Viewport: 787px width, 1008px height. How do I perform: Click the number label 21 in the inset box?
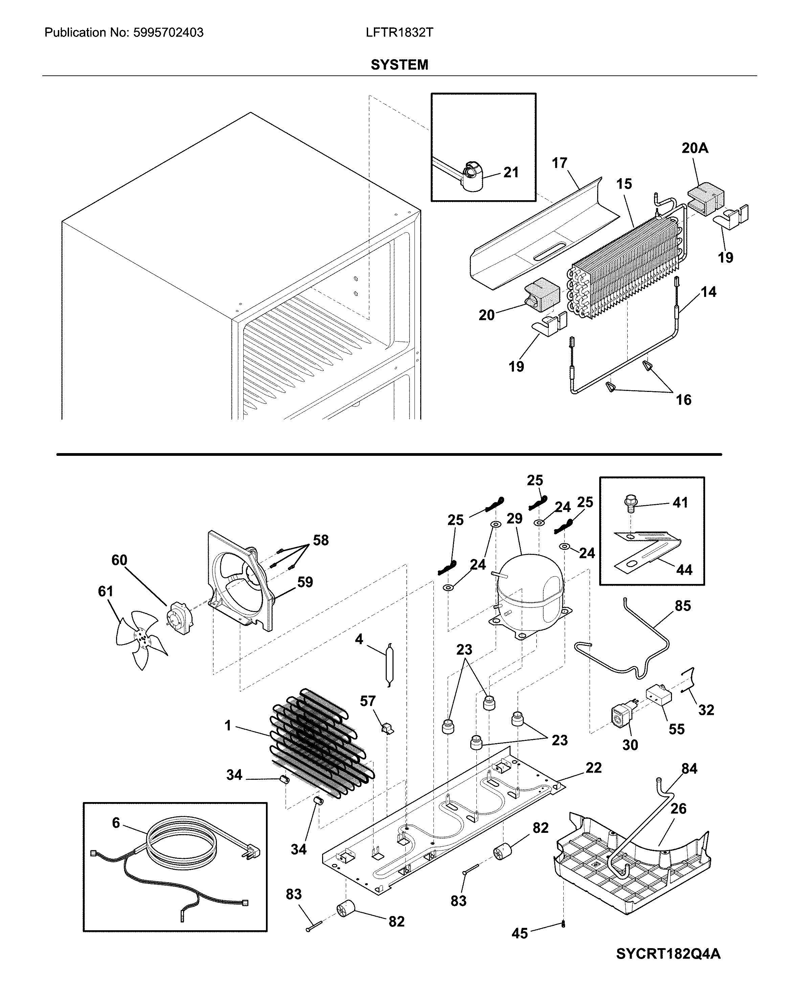[511, 172]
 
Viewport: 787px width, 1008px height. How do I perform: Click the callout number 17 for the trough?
[559, 163]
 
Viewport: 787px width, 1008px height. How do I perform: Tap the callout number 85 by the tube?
[683, 606]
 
